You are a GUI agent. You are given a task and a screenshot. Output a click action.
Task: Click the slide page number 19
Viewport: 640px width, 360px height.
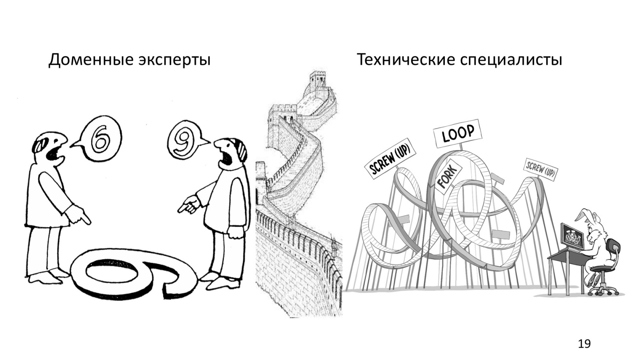(x=584, y=344)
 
